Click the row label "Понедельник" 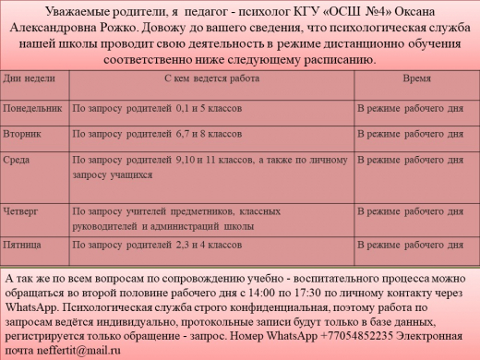point(35,108)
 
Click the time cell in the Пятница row point(412,250)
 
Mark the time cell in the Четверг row point(412,210)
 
